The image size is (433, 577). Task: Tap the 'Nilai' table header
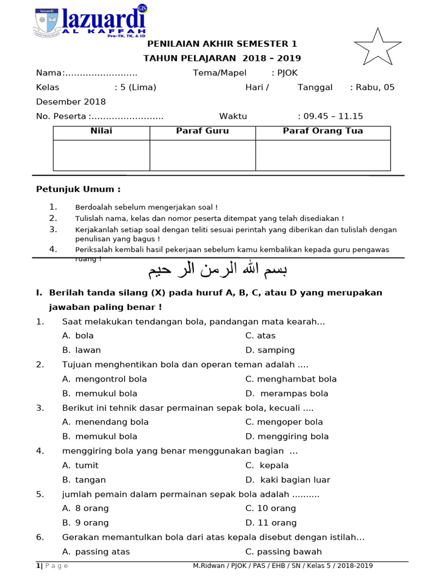point(101,131)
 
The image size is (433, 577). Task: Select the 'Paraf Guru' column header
point(202,131)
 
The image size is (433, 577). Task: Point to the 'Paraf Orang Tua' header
point(322,131)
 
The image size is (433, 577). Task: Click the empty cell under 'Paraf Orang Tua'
point(322,155)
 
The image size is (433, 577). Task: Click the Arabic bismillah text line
point(218,270)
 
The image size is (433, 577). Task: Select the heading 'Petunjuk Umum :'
point(78,189)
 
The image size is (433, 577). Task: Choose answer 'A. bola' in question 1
point(78,335)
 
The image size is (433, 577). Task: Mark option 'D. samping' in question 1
point(270,350)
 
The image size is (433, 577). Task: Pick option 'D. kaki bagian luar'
point(288,480)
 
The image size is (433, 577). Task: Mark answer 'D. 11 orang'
point(271,522)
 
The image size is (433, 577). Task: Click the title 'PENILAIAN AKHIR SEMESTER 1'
point(222,44)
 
